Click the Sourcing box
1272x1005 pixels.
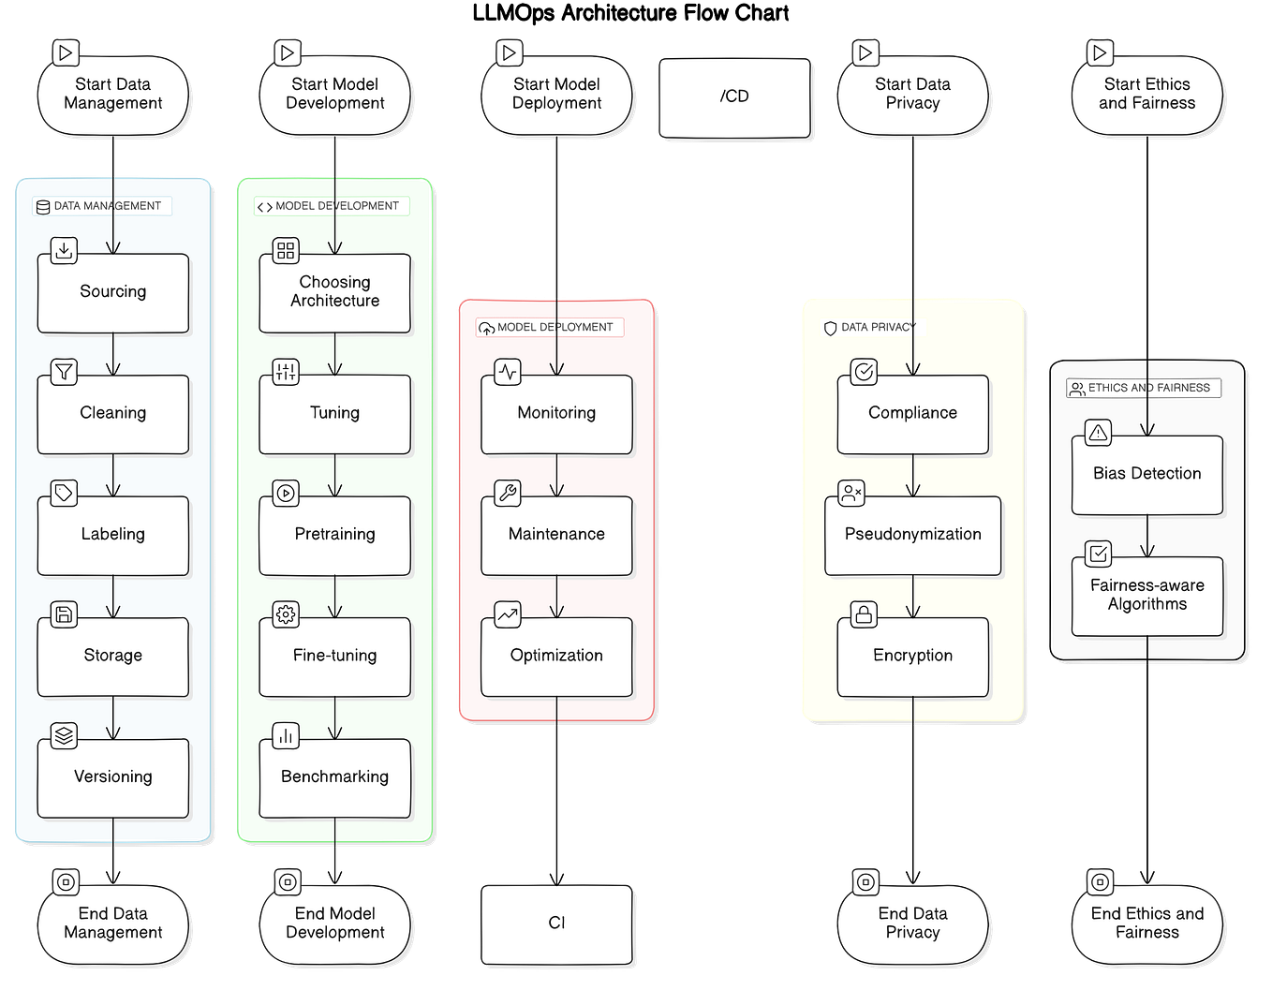tap(112, 293)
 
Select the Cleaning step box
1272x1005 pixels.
tap(112, 414)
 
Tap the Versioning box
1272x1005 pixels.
tap(112, 777)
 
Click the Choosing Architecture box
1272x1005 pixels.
tap(334, 293)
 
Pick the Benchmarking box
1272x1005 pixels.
tap(334, 777)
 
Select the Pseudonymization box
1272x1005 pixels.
tap(912, 536)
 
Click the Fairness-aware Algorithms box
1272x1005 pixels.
tap(1146, 596)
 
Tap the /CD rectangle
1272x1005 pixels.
tap(734, 97)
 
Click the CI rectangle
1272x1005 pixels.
tap(556, 924)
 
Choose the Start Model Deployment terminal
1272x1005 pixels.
tap(556, 96)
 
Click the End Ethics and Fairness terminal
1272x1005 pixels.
tap(1146, 924)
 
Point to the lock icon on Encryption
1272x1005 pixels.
tap(864, 614)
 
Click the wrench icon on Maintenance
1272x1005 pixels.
tap(508, 493)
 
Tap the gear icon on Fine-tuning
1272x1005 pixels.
tap(286, 614)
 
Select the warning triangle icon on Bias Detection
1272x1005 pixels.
tap(1098, 432)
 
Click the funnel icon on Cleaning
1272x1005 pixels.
tap(64, 372)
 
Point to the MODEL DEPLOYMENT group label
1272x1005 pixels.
tap(550, 327)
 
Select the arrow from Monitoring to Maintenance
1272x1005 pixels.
tap(556, 476)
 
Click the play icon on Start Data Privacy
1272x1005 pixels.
tap(865, 52)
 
